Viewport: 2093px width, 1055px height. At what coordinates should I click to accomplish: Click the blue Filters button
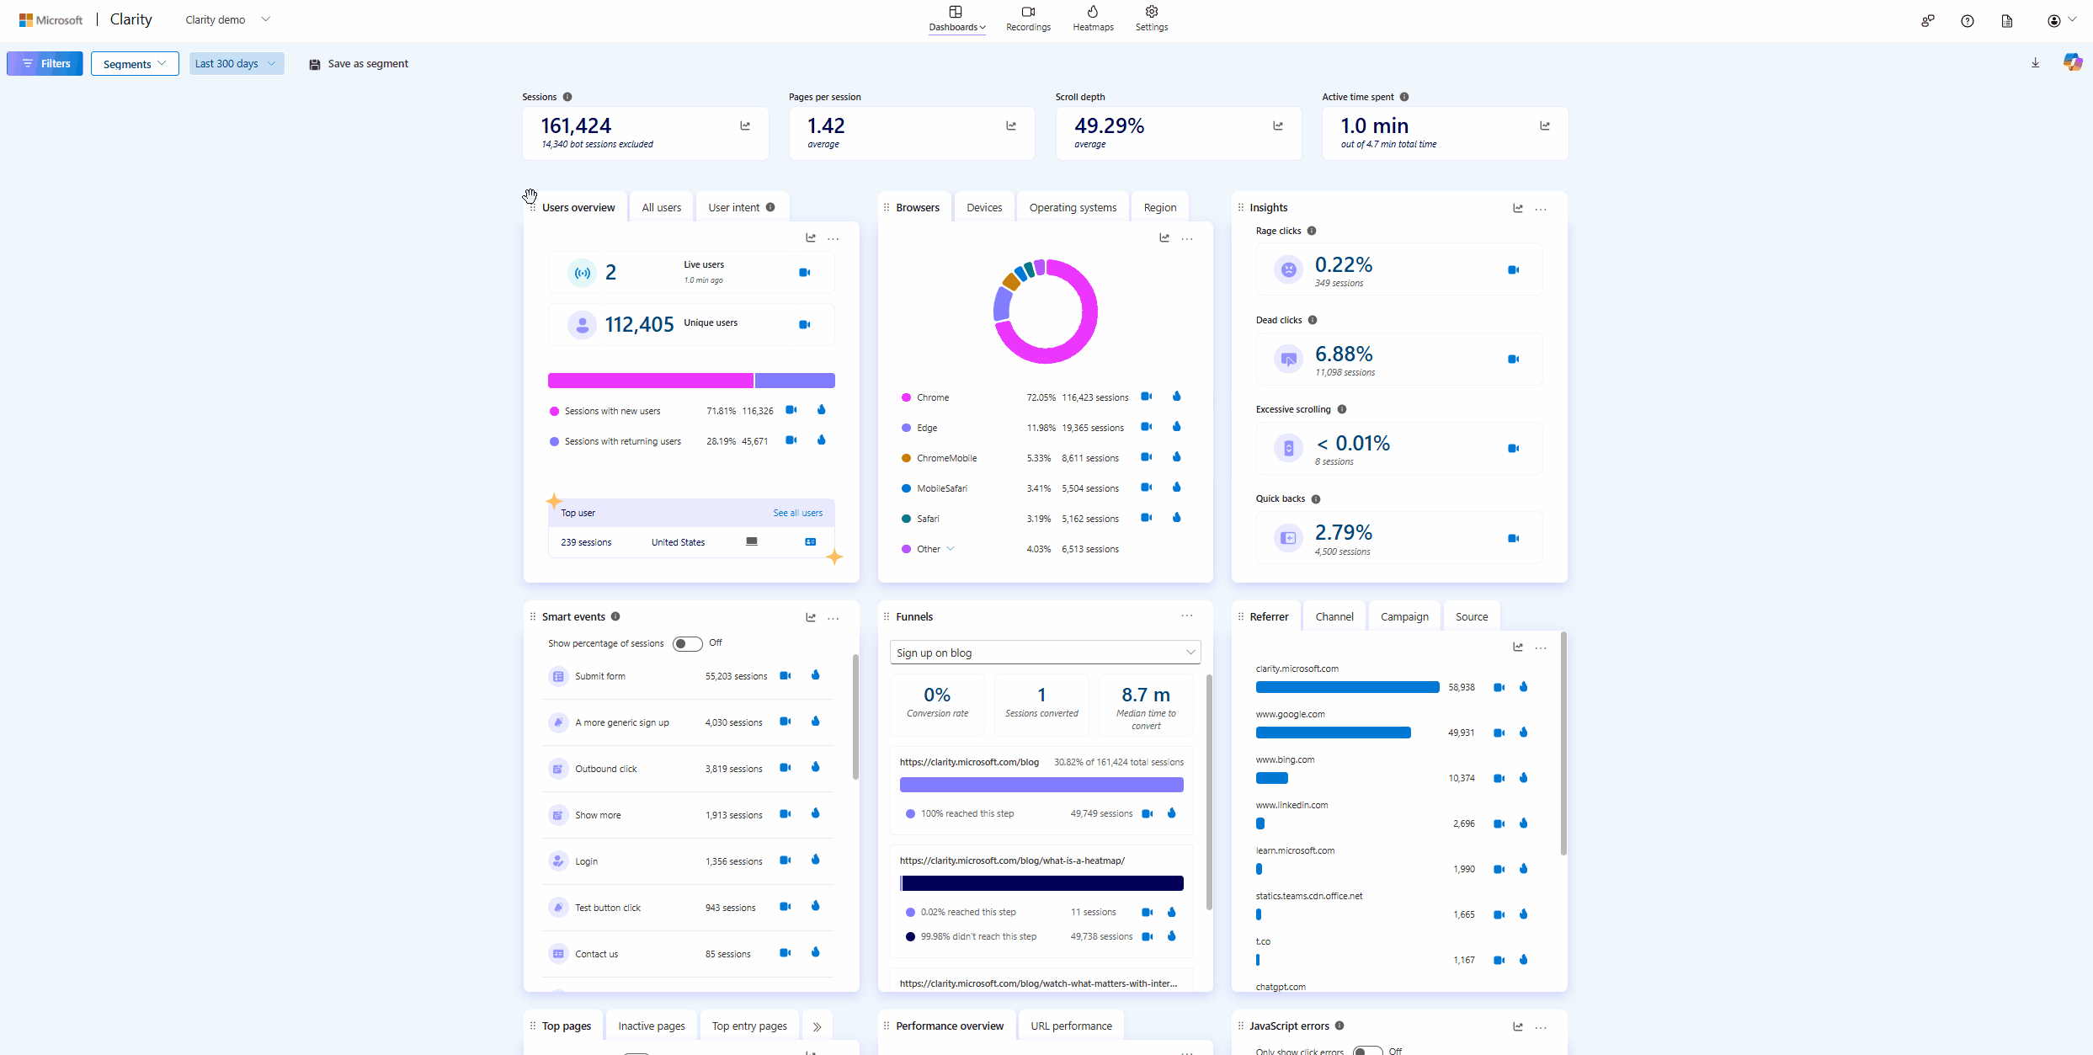tap(45, 64)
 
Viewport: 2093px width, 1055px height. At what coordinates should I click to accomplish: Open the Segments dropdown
tap(135, 64)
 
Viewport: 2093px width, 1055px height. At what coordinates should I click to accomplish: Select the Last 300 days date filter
tap(236, 64)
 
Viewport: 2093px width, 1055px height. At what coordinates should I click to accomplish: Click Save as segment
tap(359, 64)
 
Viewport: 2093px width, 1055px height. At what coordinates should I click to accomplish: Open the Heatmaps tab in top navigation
tap(1093, 19)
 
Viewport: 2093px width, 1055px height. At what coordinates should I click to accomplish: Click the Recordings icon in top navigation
tap(1028, 12)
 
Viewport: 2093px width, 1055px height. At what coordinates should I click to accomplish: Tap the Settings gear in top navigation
tap(1152, 12)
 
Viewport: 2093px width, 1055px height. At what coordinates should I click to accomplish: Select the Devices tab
tap(984, 208)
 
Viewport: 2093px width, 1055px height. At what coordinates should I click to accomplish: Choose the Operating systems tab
tap(1073, 208)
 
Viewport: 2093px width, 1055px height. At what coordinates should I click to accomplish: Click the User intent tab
tap(734, 208)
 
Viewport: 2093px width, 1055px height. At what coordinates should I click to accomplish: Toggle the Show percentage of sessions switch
tap(687, 644)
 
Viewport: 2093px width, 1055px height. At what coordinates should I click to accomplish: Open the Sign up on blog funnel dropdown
tap(1045, 653)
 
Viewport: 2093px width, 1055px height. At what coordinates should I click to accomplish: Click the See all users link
tap(797, 513)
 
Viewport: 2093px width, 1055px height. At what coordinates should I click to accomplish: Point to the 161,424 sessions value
tap(576, 126)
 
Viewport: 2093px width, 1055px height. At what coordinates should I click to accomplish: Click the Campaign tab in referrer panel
tap(1404, 617)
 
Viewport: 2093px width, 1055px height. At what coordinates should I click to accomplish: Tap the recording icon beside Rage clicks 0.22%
tap(1513, 270)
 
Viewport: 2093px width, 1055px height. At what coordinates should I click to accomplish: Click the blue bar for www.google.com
tap(1333, 733)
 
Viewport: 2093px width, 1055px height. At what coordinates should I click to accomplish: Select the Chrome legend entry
tap(933, 397)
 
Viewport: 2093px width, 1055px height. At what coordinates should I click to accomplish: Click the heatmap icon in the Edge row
tap(1177, 427)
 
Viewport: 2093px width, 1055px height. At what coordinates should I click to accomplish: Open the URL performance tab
tap(1071, 1026)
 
